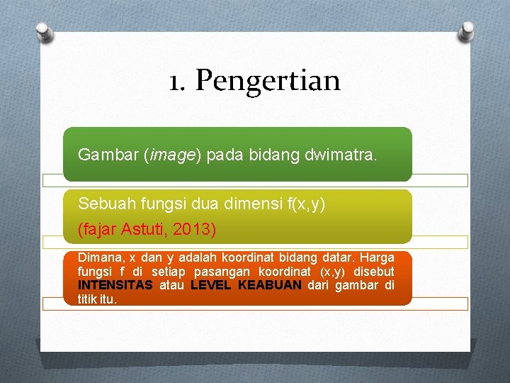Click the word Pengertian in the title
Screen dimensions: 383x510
pos(268,81)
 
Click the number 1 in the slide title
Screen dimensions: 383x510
pos(174,81)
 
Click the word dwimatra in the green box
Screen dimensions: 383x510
pos(345,154)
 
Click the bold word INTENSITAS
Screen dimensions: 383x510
pos(115,285)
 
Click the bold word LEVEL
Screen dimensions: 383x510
pos(211,285)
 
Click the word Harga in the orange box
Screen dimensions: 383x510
pos(378,257)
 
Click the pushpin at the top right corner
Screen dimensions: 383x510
pos(467,30)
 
